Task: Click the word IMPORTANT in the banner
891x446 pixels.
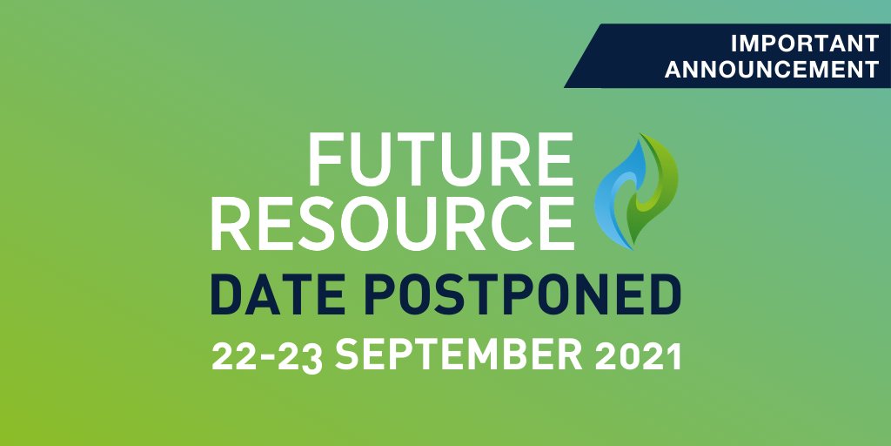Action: pyautogui.click(x=804, y=43)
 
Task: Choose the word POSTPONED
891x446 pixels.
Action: pyautogui.click(x=515, y=296)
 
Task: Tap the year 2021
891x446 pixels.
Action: pyautogui.click(x=635, y=355)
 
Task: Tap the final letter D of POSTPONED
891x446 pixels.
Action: pyautogui.click(x=663, y=296)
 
